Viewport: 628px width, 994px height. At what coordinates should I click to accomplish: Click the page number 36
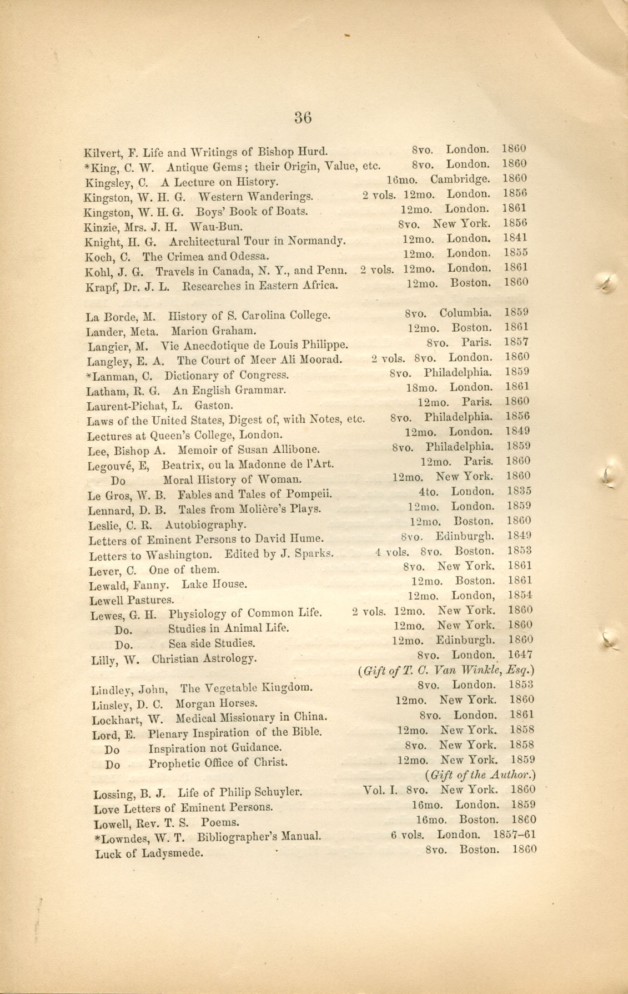click(x=303, y=117)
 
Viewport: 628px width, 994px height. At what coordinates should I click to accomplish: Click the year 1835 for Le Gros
click(x=519, y=491)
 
